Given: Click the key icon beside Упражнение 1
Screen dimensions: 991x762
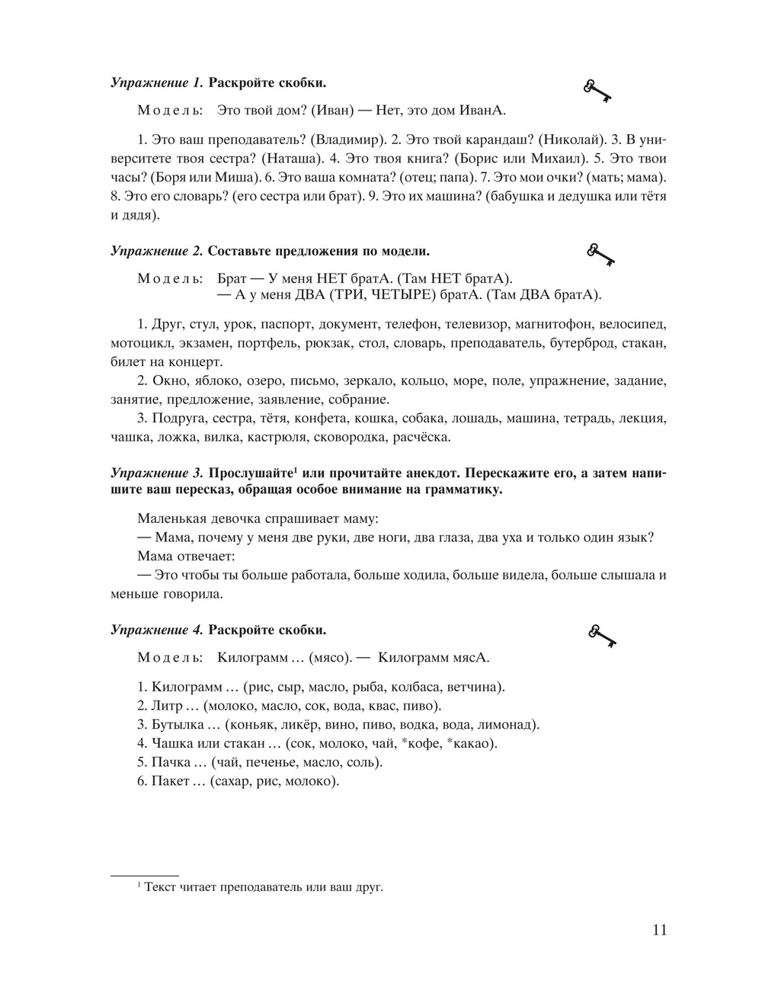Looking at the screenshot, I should [x=598, y=90].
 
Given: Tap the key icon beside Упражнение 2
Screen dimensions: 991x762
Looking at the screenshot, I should [x=600, y=255].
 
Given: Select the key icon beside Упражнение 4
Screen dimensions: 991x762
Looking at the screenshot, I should [x=601, y=634].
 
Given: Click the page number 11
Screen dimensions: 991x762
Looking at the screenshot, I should [x=659, y=930].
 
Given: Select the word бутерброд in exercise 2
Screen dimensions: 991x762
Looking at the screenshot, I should [x=582, y=343].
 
